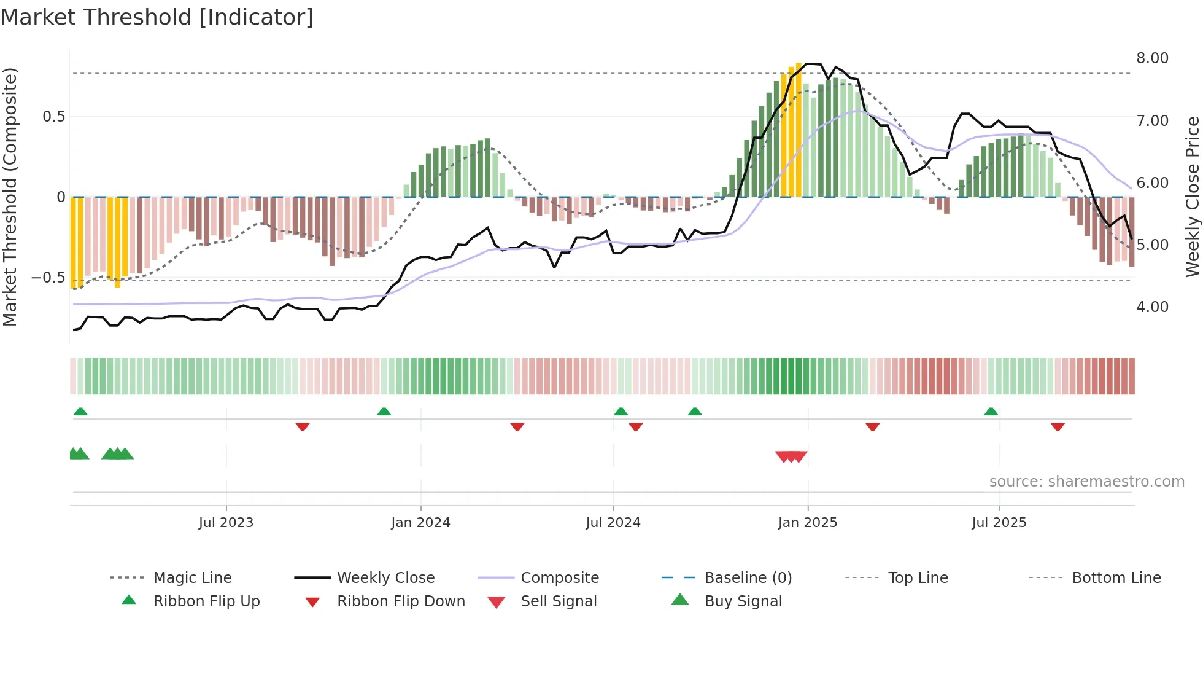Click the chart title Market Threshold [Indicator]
click(157, 17)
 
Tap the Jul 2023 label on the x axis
click(226, 523)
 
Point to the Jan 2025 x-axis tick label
click(807, 523)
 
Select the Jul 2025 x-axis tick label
click(999, 523)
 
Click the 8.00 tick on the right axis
click(1152, 58)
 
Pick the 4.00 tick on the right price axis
click(1152, 307)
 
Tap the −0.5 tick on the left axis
click(48, 278)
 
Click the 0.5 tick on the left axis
click(53, 117)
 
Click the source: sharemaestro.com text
click(1086, 482)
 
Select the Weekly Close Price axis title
click(1192, 197)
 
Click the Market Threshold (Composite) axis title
click(10, 197)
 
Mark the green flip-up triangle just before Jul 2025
click(991, 412)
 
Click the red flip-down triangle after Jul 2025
click(1057, 426)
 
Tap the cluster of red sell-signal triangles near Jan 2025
click(791, 456)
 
